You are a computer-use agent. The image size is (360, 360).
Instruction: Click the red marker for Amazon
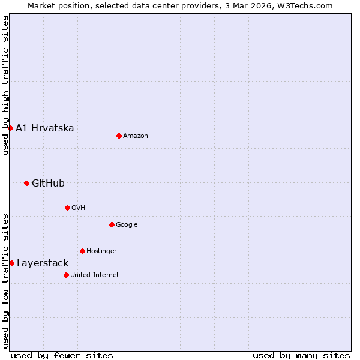coord(119,136)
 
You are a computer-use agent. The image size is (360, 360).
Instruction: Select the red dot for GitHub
coord(26,183)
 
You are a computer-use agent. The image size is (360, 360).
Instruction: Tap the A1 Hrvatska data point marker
coord(10,128)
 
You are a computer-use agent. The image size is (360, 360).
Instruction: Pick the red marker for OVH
coord(67,208)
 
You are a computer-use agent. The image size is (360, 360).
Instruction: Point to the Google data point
coord(112,224)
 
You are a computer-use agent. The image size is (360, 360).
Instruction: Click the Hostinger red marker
coord(82,251)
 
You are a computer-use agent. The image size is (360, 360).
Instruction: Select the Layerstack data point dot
coord(11,263)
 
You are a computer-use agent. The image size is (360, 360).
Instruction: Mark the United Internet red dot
coord(66,275)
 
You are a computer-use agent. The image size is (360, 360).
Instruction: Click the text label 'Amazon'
coord(136,136)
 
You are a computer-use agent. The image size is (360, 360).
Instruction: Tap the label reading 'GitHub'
coord(48,184)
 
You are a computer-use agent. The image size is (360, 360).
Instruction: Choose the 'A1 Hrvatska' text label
coord(45,128)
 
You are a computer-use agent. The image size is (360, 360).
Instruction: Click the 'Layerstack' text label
coord(43,263)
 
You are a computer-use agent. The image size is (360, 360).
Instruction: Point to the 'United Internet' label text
coord(95,275)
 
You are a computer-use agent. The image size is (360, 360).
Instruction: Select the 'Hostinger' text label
coord(101,251)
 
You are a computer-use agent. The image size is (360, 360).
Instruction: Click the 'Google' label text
coord(127,225)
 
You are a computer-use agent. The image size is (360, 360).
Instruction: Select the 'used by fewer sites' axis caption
coord(62,355)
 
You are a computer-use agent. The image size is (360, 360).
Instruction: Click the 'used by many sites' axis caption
coord(301,355)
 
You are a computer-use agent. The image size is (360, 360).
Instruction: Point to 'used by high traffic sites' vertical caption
coord(5,85)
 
